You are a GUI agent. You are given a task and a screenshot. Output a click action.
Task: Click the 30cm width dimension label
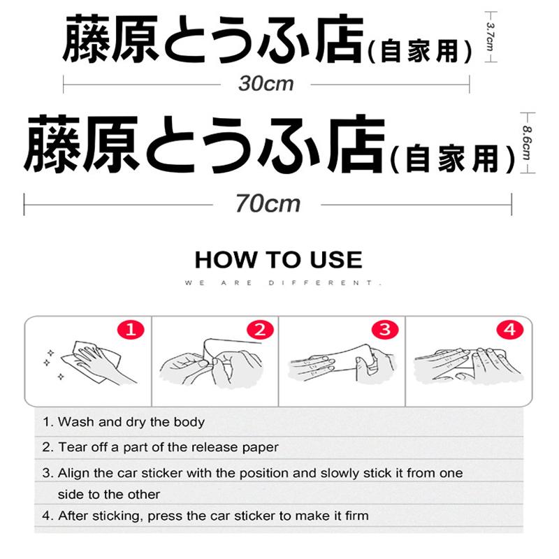click(266, 84)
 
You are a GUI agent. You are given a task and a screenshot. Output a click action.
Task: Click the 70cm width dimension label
click(267, 203)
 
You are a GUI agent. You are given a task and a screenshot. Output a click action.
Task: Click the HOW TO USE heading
click(278, 260)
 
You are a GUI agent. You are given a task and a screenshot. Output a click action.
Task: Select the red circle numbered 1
click(131, 328)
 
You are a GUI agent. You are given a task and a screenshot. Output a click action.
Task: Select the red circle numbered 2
click(259, 328)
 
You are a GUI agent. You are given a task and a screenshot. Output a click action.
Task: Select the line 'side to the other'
click(109, 495)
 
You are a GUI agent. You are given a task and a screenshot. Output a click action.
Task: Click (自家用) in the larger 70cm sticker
click(452, 157)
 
